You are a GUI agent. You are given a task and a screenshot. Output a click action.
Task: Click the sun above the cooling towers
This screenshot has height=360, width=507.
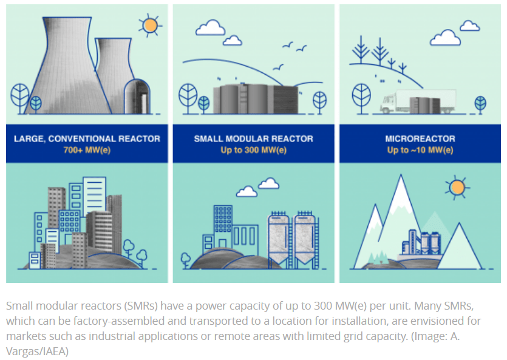coord(150,25)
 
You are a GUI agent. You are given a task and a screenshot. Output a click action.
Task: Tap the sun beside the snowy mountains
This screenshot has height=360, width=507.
coord(457,188)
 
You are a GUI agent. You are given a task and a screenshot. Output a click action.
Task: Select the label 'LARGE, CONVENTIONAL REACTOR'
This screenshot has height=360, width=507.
coord(87,139)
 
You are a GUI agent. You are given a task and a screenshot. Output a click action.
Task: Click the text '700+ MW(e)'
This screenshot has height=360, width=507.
coord(87,151)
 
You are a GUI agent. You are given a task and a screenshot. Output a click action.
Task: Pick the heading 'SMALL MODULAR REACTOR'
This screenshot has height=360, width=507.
coord(254,139)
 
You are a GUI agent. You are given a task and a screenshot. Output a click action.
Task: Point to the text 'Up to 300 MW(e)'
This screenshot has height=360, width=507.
coord(254,151)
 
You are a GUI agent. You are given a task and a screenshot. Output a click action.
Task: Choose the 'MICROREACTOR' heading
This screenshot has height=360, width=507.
coord(420,139)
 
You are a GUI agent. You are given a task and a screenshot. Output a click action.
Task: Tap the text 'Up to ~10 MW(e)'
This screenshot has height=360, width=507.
coord(420,151)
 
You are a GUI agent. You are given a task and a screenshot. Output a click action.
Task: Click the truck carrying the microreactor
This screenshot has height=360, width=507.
coord(418,101)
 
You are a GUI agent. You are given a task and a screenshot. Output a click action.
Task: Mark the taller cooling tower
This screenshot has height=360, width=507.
coord(68,64)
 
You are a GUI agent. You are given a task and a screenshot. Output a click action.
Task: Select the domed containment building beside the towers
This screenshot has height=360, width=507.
coord(137,97)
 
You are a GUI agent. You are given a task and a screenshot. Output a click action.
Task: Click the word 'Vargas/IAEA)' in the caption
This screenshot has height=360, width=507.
coord(37,352)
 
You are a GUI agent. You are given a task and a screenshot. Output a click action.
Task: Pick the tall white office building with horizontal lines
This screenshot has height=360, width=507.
coord(94,196)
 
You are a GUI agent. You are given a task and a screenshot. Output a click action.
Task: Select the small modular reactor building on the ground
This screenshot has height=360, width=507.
coord(256,98)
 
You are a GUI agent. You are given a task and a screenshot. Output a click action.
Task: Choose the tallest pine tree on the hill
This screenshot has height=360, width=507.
coord(361,50)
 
